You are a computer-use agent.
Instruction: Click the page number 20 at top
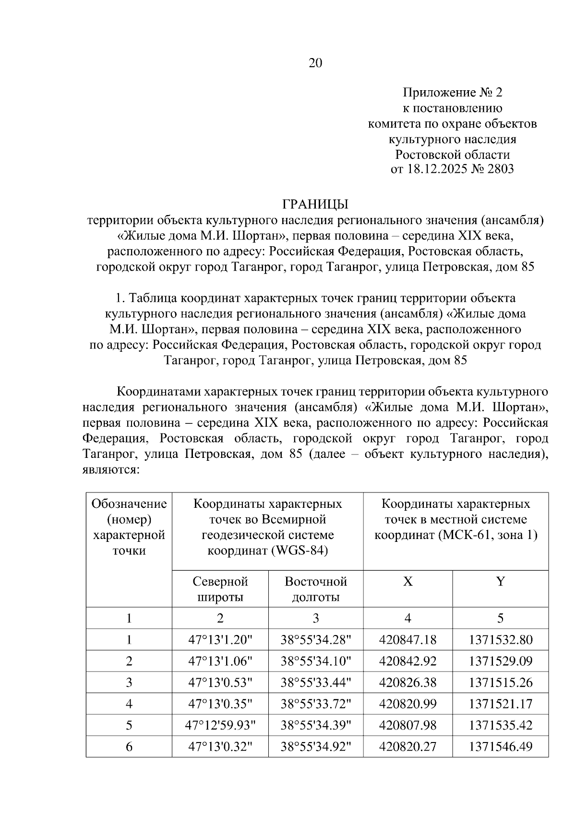315,63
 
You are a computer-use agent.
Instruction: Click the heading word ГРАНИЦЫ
315,204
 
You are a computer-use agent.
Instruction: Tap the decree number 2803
500,169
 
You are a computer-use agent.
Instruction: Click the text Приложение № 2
452,93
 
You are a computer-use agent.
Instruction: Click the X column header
408,582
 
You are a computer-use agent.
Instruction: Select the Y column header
500,582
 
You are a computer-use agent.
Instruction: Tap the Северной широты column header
220,589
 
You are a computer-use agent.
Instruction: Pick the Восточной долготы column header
315,589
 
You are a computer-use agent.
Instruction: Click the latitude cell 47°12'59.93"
220,725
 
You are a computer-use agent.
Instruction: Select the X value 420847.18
408,640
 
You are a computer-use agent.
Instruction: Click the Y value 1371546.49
500,747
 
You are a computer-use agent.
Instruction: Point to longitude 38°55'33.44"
315,683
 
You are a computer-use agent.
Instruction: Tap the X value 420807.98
408,725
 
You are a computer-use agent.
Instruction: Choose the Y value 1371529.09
500,661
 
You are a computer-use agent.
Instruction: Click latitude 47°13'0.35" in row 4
220,704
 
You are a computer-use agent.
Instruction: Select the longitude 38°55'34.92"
315,747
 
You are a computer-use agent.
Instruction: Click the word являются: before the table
111,469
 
